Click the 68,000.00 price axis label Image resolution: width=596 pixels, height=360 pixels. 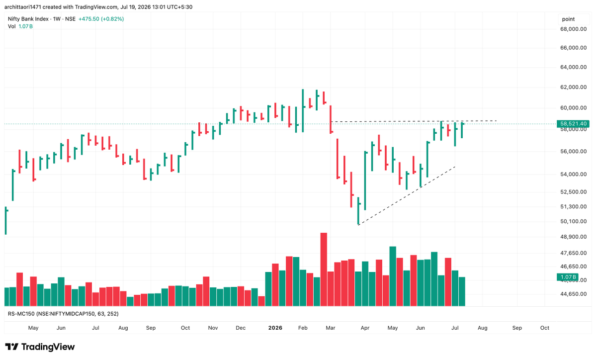pos(573,29)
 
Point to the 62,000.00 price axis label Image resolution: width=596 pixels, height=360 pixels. pos(573,87)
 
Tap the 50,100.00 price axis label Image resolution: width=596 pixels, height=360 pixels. pos(573,221)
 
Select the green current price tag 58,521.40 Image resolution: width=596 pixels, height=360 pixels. pos(573,123)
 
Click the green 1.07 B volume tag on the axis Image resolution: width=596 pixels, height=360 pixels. pos(568,277)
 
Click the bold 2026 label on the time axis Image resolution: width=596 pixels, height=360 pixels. pos(275,328)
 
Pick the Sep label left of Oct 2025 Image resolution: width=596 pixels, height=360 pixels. pos(151,328)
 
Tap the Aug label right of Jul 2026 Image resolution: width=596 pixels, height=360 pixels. pos(482,328)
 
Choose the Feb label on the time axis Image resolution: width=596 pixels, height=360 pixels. pos(303,328)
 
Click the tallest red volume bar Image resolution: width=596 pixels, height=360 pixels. pos(324,269)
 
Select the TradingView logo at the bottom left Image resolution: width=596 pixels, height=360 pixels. pos(40,347)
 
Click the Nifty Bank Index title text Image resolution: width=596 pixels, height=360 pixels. pos(28,18)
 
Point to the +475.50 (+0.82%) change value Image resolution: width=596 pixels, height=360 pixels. pos(101,18)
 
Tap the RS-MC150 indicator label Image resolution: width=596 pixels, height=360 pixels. pos(21,314)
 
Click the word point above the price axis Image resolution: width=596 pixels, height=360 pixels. pos(568,19)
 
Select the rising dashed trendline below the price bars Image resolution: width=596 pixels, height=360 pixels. pos(407,196)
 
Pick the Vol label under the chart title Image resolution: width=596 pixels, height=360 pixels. pos(12,26)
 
